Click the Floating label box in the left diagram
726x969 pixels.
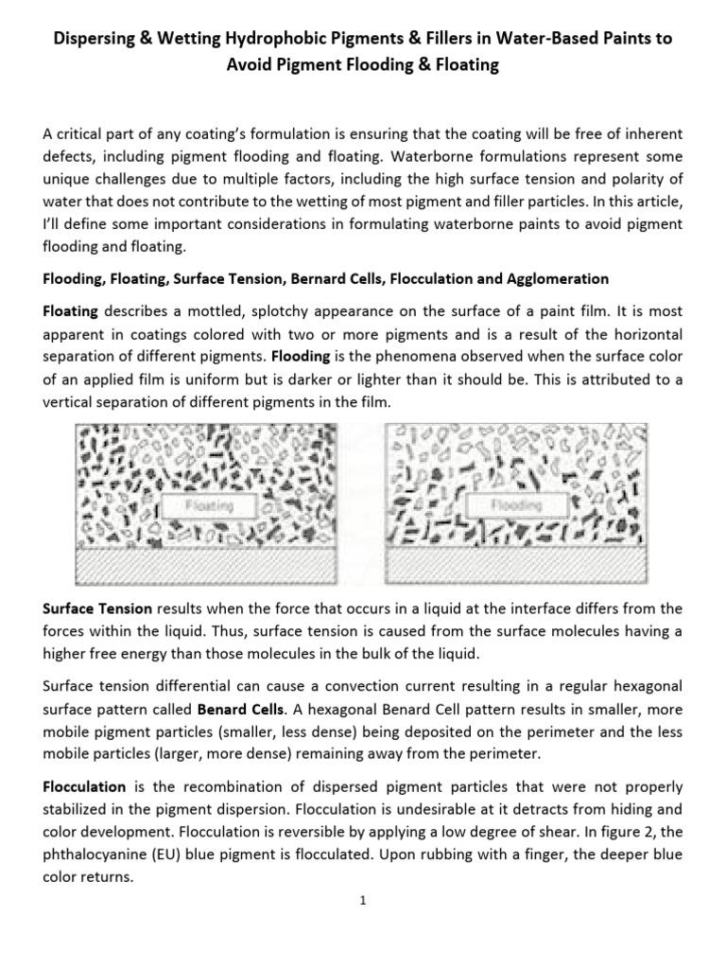[208, 506]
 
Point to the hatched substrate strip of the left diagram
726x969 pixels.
[208, 565]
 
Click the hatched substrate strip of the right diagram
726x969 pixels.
[516, 565]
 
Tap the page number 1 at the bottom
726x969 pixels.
[362, 900]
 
